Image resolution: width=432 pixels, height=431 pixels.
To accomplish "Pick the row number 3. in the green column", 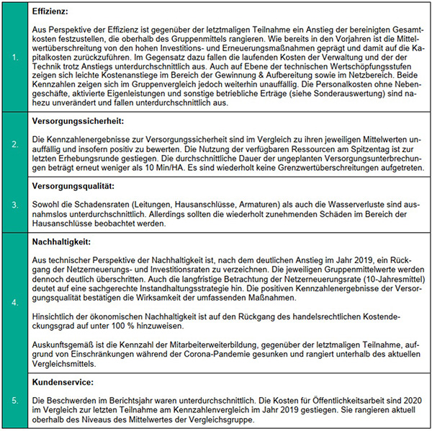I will point(15,205).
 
